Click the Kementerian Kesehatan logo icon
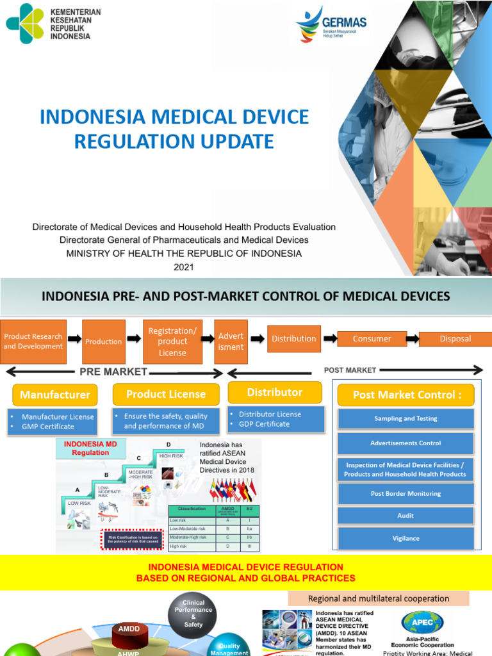coord(25,24)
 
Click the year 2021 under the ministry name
coord(183,266)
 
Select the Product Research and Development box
coord(33,341)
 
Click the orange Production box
coord(103,341)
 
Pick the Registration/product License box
coord(172,342)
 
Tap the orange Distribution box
coord(293,339)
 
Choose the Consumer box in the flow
coord(372,339)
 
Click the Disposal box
coord(455,339)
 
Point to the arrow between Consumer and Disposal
coord(413,339)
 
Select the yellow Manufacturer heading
coord(55,394)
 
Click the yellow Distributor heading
coord(275,392)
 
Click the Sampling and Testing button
coord(406,418)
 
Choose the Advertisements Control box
coord(406,443)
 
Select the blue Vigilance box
coord(406,538)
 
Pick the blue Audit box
coord(406,516)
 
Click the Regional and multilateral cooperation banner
coord(378,598)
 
